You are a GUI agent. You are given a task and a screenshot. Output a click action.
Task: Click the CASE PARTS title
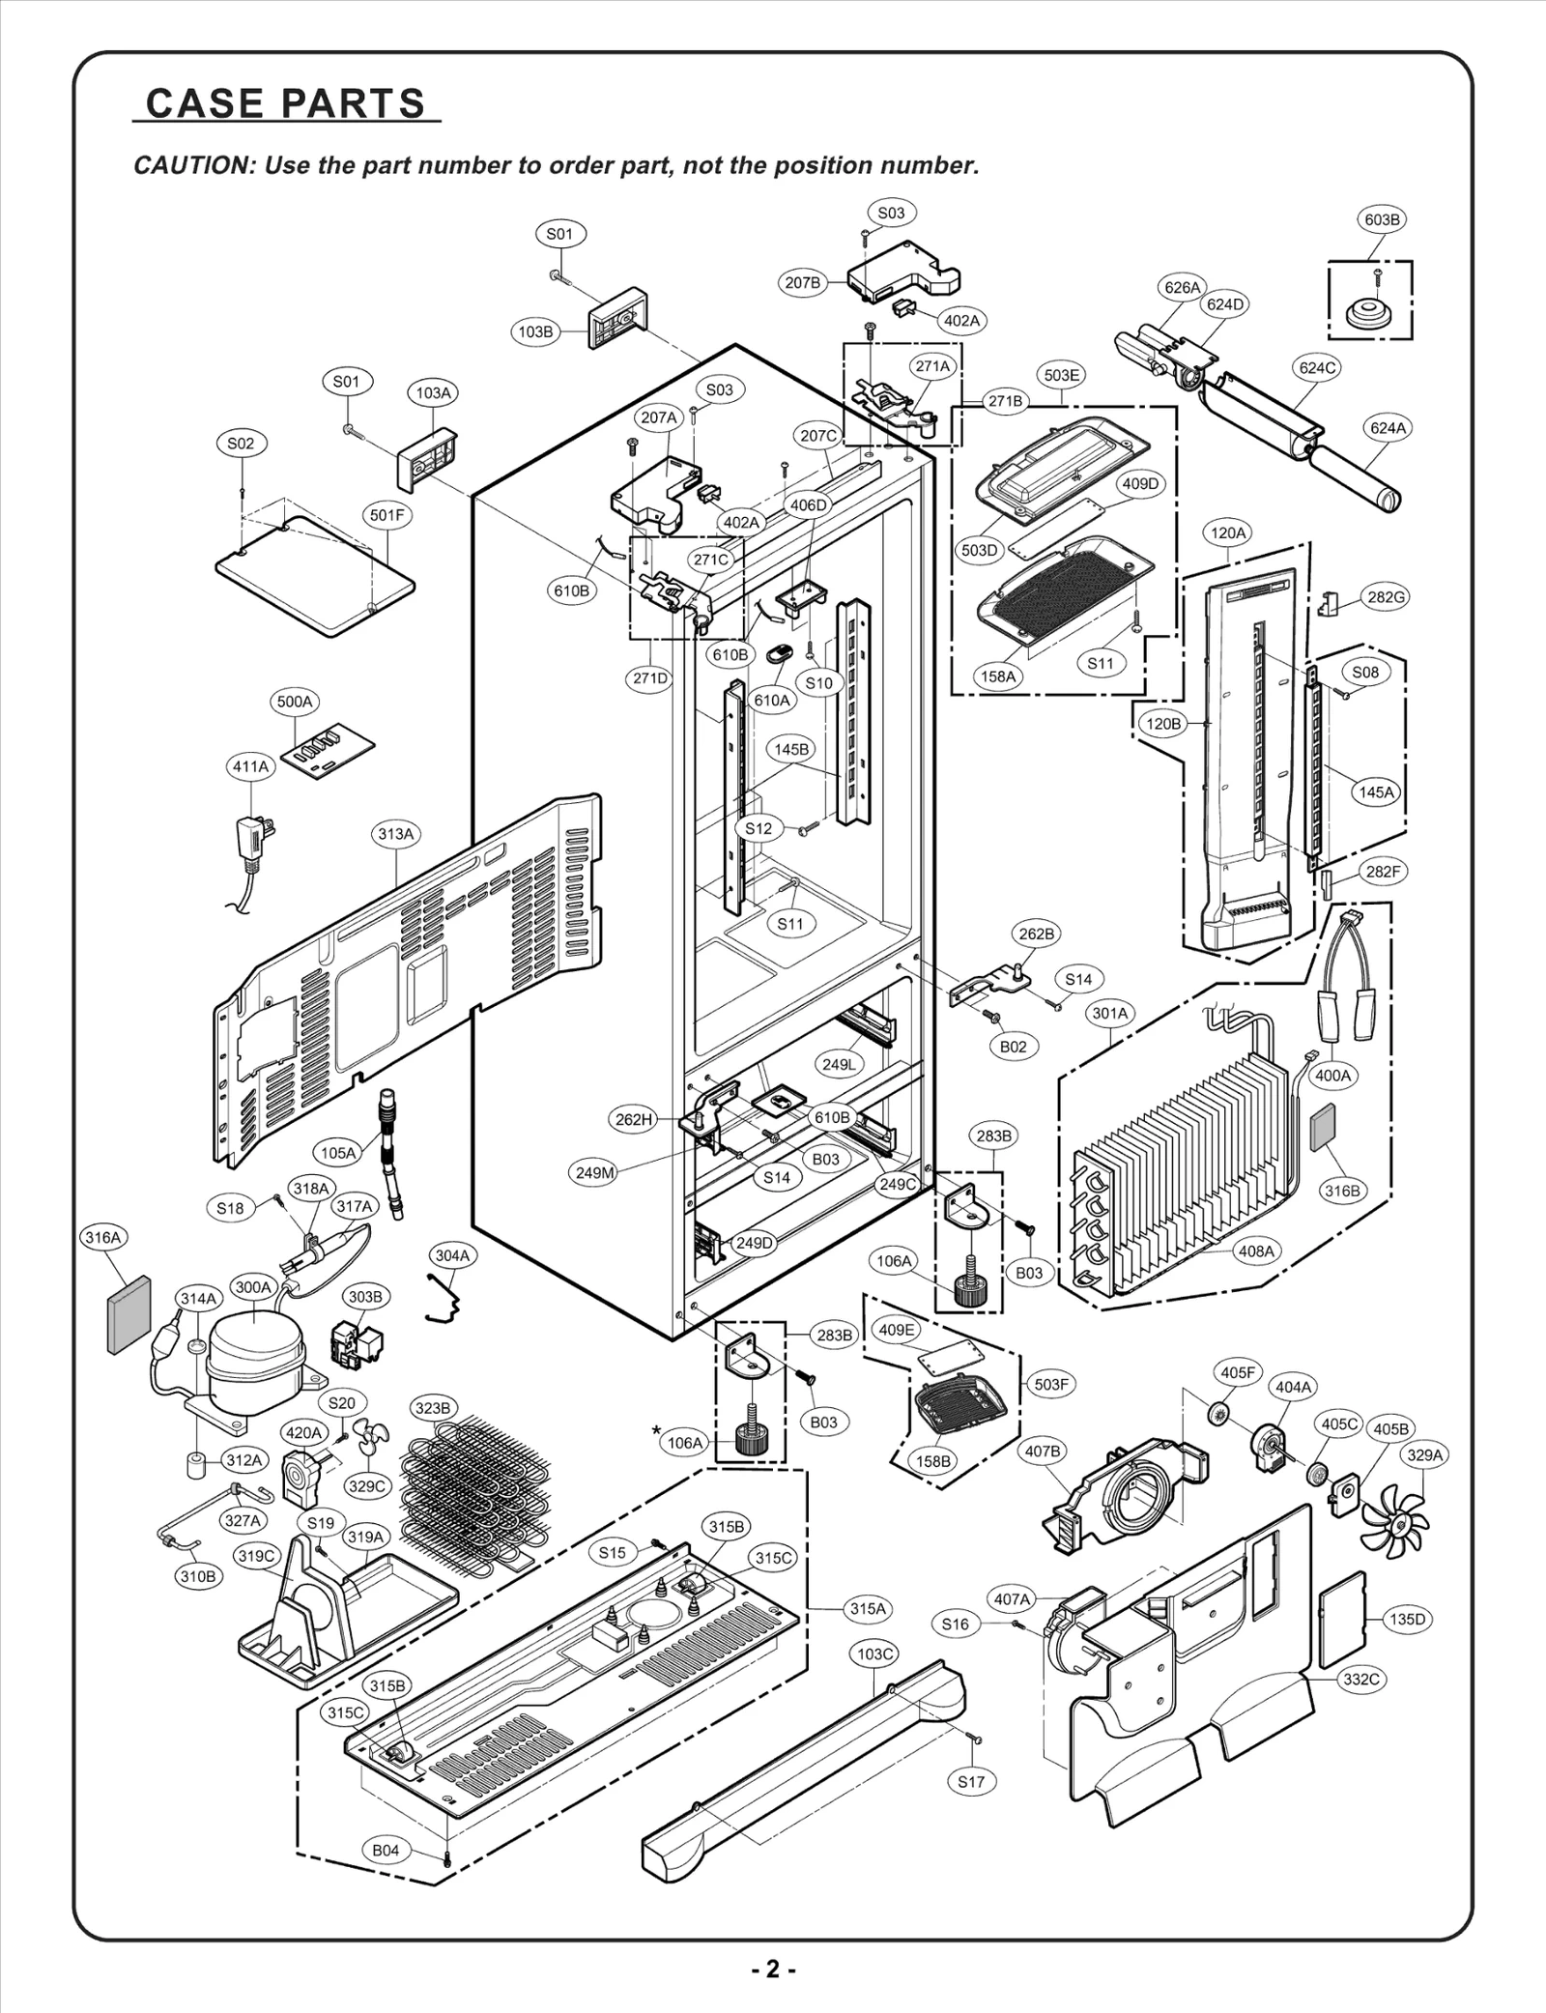(x=286, y=102)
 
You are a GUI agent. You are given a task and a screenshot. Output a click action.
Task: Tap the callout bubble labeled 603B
(x=1382, y=219)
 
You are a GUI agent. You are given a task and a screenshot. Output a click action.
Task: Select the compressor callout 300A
(x=253, y=1287)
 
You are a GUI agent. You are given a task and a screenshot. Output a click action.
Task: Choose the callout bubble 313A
(x=396, y=833)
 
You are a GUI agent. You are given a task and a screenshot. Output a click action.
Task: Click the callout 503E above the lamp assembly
(x=1062, y=374)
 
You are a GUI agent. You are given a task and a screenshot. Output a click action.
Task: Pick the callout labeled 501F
(x=387, y=515)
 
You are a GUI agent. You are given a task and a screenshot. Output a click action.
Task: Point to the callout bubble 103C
(x=874, y=1654)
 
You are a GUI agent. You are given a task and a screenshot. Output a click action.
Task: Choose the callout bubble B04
(x=386, y=1850)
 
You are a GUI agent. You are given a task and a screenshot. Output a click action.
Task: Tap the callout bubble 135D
(x=1407, y=1619)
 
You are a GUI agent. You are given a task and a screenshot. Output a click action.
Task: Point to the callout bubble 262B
(x=1037, y=934)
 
